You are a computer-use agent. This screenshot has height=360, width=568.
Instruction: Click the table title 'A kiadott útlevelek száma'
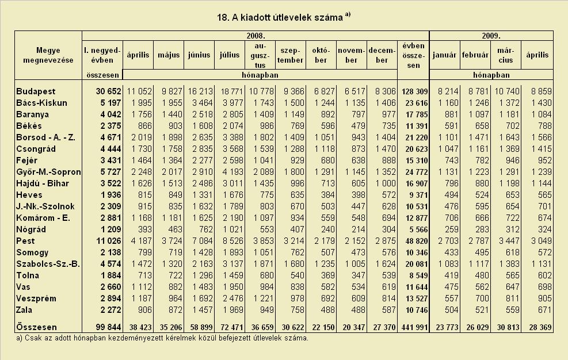click(x=287, y=17)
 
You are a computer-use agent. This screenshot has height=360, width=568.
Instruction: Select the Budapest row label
click(x=36, y=91)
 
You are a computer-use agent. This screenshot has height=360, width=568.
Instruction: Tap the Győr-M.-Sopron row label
click(x=48, y=172)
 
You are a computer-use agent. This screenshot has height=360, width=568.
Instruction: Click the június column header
click(x=199, y=55)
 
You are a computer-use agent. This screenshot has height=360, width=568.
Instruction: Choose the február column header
click(x=475, y=55)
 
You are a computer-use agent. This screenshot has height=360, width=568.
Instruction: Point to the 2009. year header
click(x=491, y=36)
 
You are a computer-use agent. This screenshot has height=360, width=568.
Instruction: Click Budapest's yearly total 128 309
click(x=414, y=91)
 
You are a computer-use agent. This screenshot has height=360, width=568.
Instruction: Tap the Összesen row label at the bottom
click(x=37, y=327)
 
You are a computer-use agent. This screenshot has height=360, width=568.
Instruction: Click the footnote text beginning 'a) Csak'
click(x=162, y=338)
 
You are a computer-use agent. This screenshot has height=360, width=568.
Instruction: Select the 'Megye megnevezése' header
click(x=48, y=55)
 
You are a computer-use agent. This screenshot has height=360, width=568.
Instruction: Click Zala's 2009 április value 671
click(x=545, y=310)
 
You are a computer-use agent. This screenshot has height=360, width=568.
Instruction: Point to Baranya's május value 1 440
click(x=171, y=114)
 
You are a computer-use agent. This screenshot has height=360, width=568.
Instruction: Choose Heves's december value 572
click(x=388, y=195)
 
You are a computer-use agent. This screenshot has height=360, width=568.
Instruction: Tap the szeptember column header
click(x=290, y=55)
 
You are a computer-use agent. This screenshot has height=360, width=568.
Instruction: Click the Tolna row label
click(x=28, y=275)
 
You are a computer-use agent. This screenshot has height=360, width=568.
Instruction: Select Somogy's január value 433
click(x=451, y=252)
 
